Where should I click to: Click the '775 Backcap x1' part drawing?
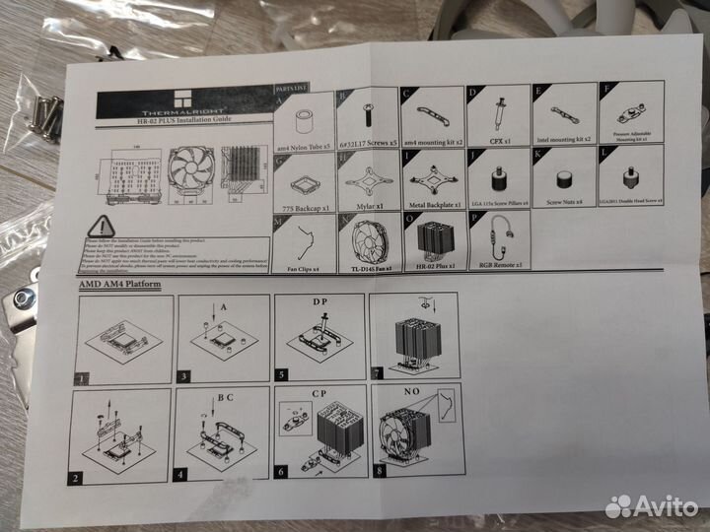tap(305, 181)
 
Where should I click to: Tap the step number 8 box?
tap(380, 472)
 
